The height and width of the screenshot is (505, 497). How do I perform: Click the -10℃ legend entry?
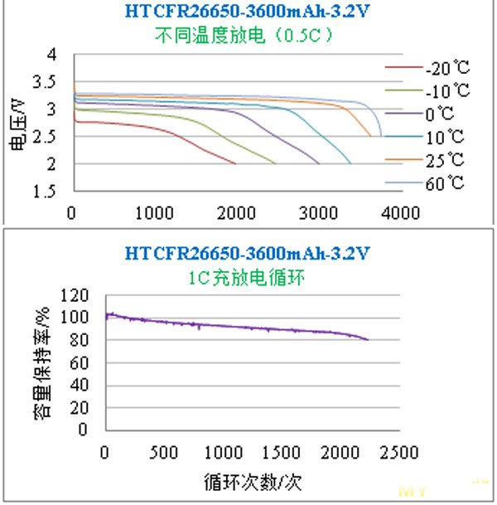446,90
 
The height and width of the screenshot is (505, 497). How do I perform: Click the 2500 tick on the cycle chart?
399,453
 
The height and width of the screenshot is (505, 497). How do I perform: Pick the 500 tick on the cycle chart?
164,453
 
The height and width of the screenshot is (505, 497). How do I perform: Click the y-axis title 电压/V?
18,122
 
